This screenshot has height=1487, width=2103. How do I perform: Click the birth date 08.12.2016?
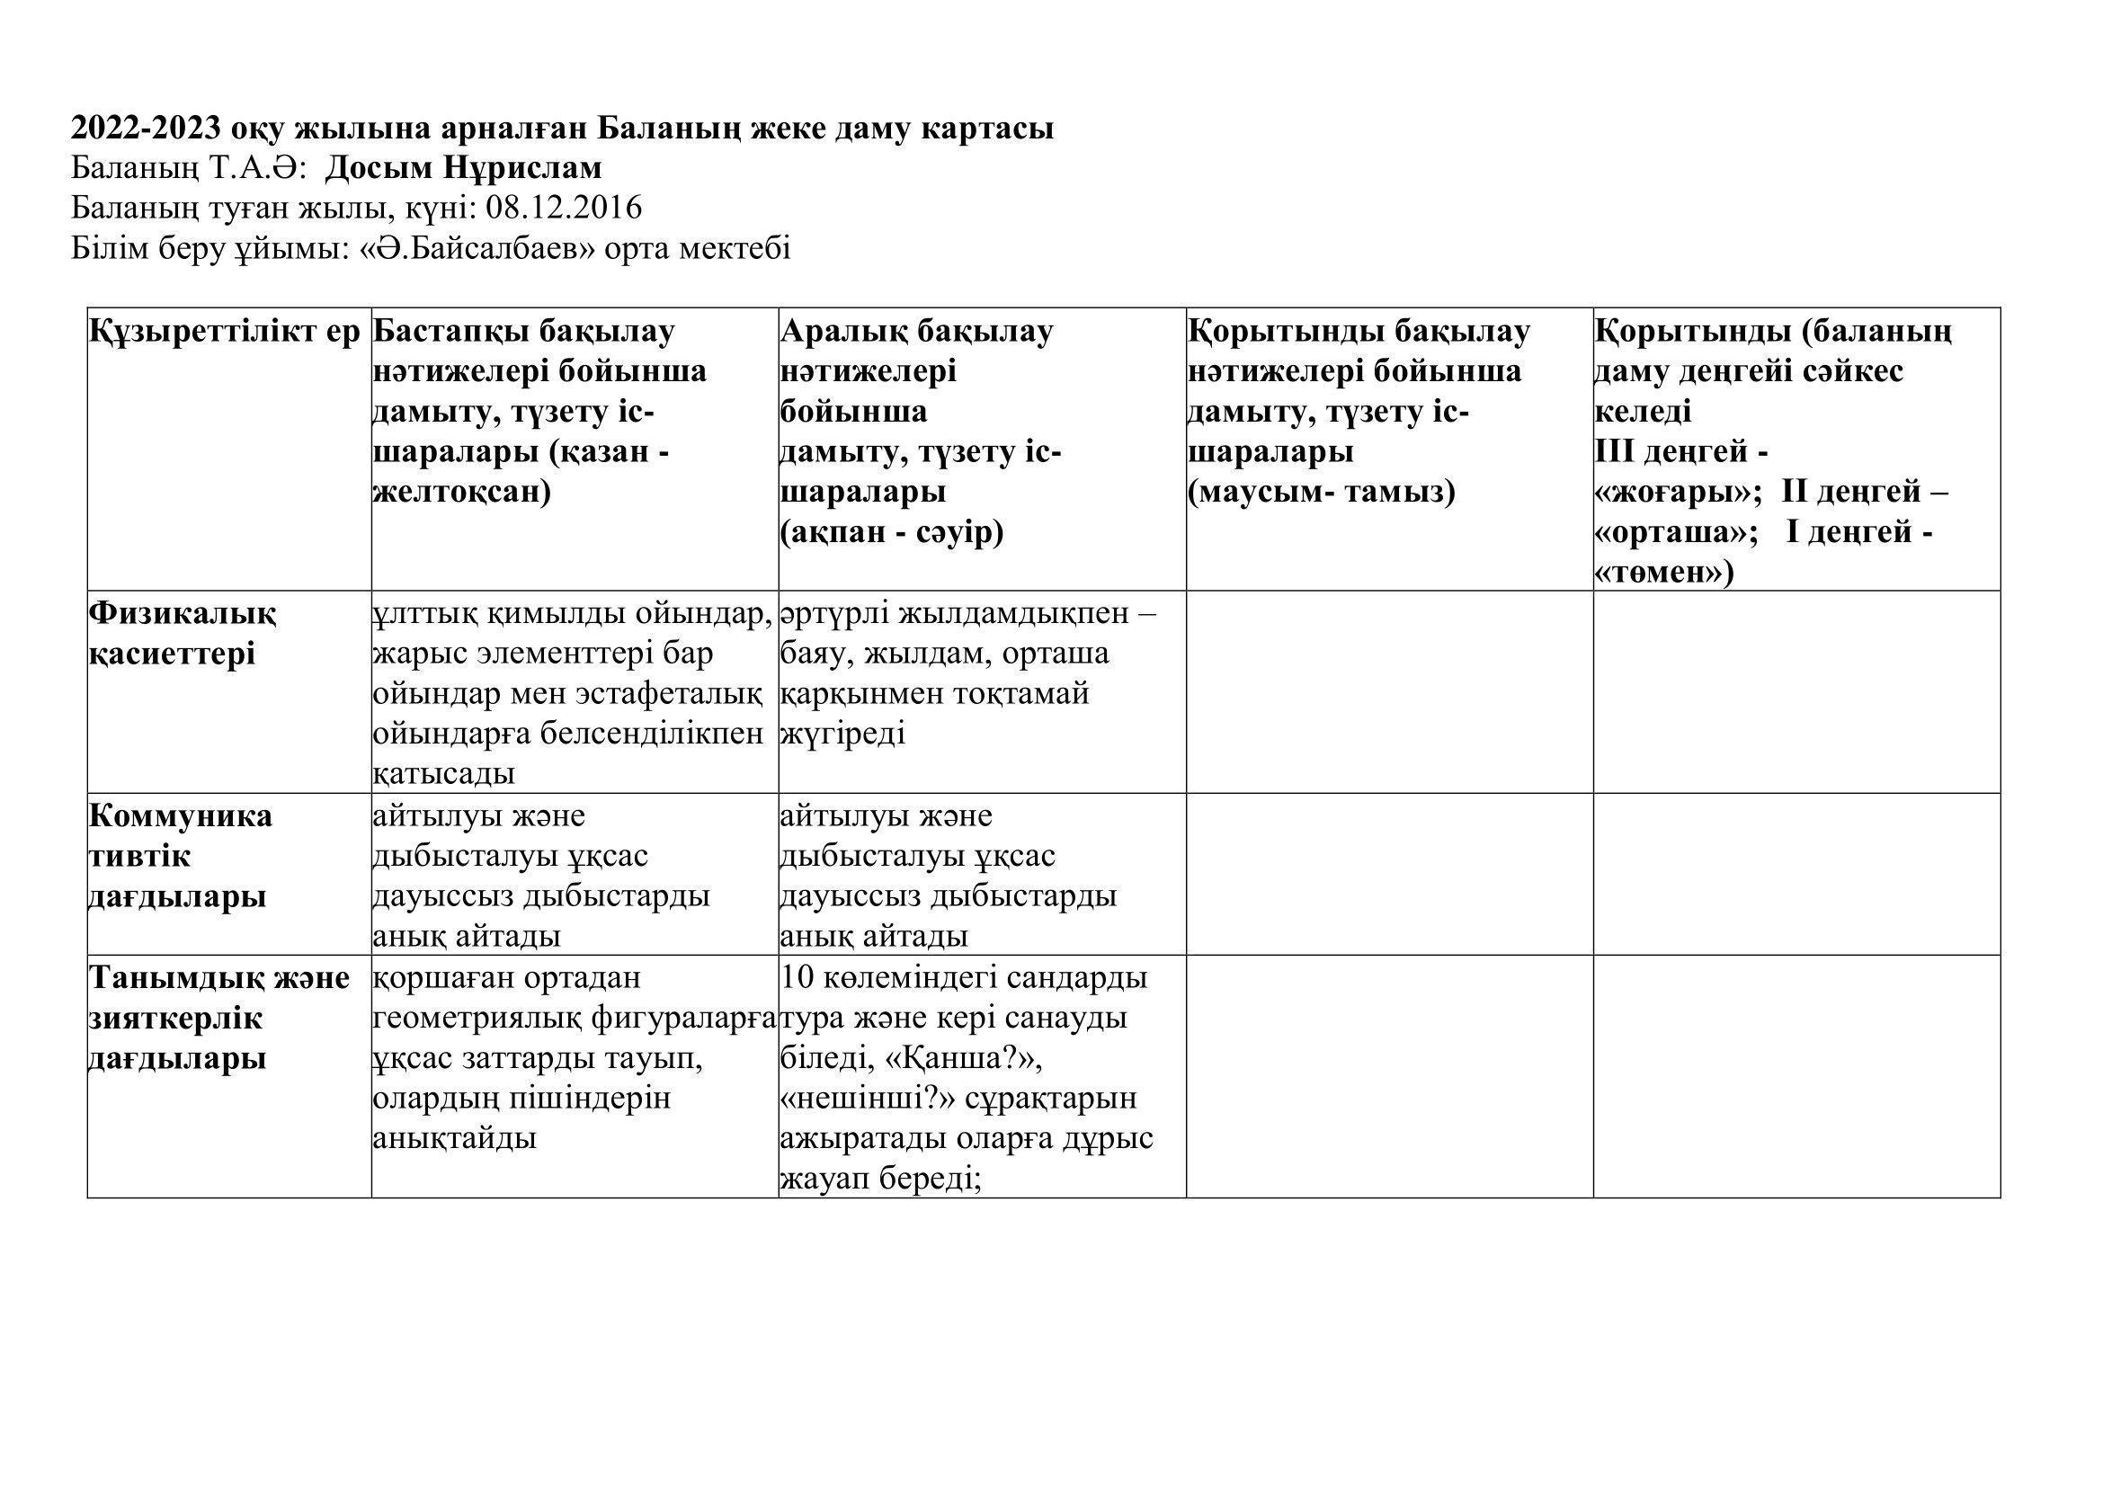pos(564,209)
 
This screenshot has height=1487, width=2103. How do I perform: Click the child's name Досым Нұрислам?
pos(463,168)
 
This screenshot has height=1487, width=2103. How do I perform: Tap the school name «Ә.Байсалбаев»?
pos(471,249)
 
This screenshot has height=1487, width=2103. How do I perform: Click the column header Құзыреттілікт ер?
pos(226,332)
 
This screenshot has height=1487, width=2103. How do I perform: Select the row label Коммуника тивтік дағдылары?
pos(180,856)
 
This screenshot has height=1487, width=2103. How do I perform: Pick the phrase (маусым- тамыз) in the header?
pos(1321,493)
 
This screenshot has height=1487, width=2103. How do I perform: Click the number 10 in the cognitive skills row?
pos(797,978)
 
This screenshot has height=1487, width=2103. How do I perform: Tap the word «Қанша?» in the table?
pos(966,1058)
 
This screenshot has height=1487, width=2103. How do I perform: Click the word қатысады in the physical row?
pos(443,775)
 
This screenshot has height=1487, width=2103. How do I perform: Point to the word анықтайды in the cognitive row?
pos(454,1139)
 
